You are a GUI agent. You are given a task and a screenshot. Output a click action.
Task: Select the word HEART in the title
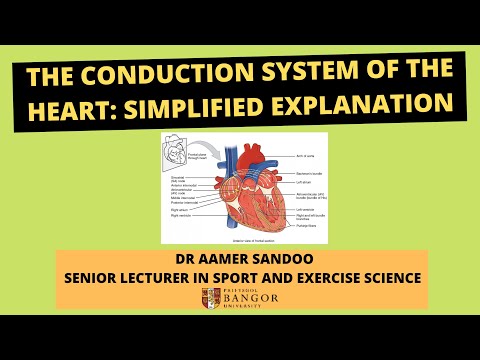tap(75, 104)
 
